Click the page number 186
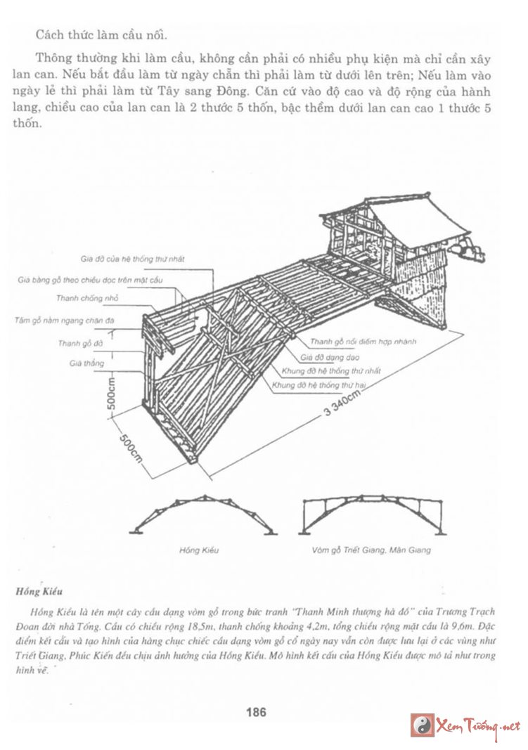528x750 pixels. [256, 712]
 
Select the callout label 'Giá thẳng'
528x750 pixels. [86, 363]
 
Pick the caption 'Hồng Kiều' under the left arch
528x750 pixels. [194, 550]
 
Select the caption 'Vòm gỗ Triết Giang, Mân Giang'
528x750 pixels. [371, 550]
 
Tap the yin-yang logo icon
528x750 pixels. [423, 725]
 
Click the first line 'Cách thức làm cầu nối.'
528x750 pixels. [102, 34]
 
